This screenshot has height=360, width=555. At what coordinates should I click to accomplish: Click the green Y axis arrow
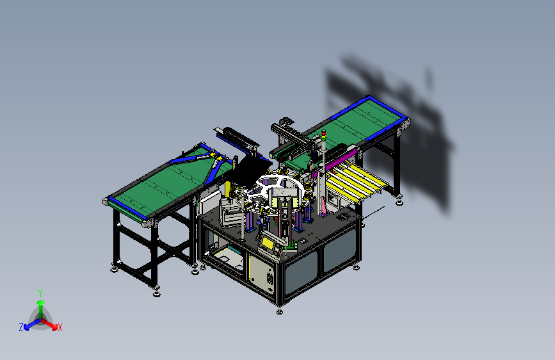41,308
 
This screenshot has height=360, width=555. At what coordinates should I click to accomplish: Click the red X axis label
60,327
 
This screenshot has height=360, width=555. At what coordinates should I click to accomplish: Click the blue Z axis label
21,327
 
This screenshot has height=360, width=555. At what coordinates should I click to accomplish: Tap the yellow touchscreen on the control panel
268,243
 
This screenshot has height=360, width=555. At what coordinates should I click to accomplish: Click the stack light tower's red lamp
323,132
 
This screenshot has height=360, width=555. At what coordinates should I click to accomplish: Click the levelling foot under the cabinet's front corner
280,311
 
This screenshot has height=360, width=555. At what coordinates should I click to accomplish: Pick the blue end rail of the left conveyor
127,208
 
